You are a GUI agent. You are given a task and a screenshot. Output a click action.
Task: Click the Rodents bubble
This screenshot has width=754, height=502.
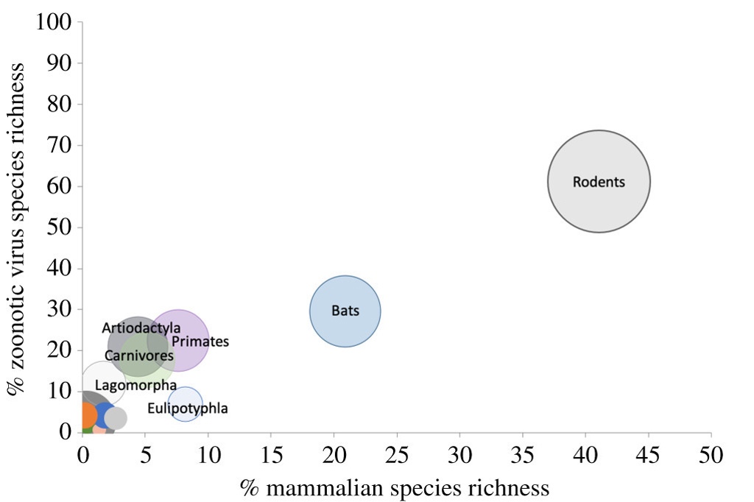point(599,181)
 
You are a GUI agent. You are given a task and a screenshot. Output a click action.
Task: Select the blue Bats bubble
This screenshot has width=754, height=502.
point(345,311)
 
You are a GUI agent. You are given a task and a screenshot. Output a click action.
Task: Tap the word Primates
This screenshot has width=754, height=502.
point(200,342)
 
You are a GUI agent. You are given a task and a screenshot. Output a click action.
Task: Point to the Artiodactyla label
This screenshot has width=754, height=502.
point(141,328)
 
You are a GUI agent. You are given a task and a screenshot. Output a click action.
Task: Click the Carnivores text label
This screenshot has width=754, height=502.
point(139,356)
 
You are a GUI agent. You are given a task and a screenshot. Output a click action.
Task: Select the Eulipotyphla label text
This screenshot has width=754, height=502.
point(188,409)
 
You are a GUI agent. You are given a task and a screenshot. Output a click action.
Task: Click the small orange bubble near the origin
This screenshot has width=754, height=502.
point(87,415)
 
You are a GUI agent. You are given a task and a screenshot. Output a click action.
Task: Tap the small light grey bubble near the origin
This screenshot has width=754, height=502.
point(116,418)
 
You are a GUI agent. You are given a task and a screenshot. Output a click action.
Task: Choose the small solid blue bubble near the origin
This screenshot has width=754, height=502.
point(104,414)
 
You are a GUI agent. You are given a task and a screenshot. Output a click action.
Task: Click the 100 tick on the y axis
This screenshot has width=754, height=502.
point(54,23)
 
